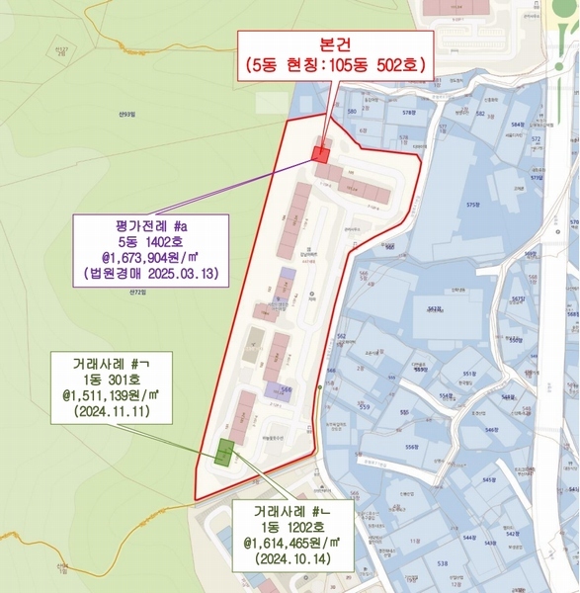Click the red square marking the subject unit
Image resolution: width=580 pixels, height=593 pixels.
tap(320, 154)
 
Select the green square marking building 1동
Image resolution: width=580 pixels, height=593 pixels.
tap(225, 453)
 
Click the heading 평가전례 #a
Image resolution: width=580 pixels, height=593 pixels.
tap(150, 226)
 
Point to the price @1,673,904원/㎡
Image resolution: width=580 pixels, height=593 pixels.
tap(150, 255)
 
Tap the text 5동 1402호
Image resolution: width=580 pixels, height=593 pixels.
tap(150, 240)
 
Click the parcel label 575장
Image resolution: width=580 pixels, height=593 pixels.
tap(472, 204)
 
